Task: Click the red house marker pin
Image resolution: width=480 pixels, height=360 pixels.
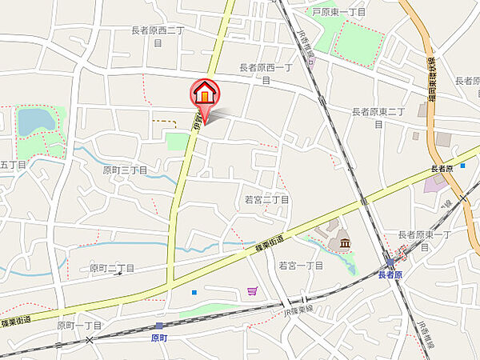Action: tap(205, 94)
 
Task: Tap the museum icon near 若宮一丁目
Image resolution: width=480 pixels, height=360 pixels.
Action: tap(344, 242)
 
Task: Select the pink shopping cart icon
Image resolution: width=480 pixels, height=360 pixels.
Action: tap(253, 291)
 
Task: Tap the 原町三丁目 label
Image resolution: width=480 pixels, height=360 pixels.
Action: tap(125, 170)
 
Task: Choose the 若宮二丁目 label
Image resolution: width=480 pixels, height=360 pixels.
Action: tap(266, 199)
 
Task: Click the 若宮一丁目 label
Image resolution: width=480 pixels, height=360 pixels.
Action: tap(300, 265)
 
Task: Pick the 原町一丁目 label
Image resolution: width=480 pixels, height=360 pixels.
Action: tap(79, 326)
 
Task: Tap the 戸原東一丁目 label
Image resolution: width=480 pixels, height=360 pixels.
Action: tap(339, 13)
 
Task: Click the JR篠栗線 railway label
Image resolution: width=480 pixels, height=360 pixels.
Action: tap(301, 306)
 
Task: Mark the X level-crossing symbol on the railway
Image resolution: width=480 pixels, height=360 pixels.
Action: tap(90, 340)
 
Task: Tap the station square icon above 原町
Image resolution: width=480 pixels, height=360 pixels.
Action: tap(159, 326)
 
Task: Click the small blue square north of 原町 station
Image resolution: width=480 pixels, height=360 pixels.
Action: tap(194, 292)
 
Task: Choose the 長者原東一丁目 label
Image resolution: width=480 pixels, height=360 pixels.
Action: tap(425, 240)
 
